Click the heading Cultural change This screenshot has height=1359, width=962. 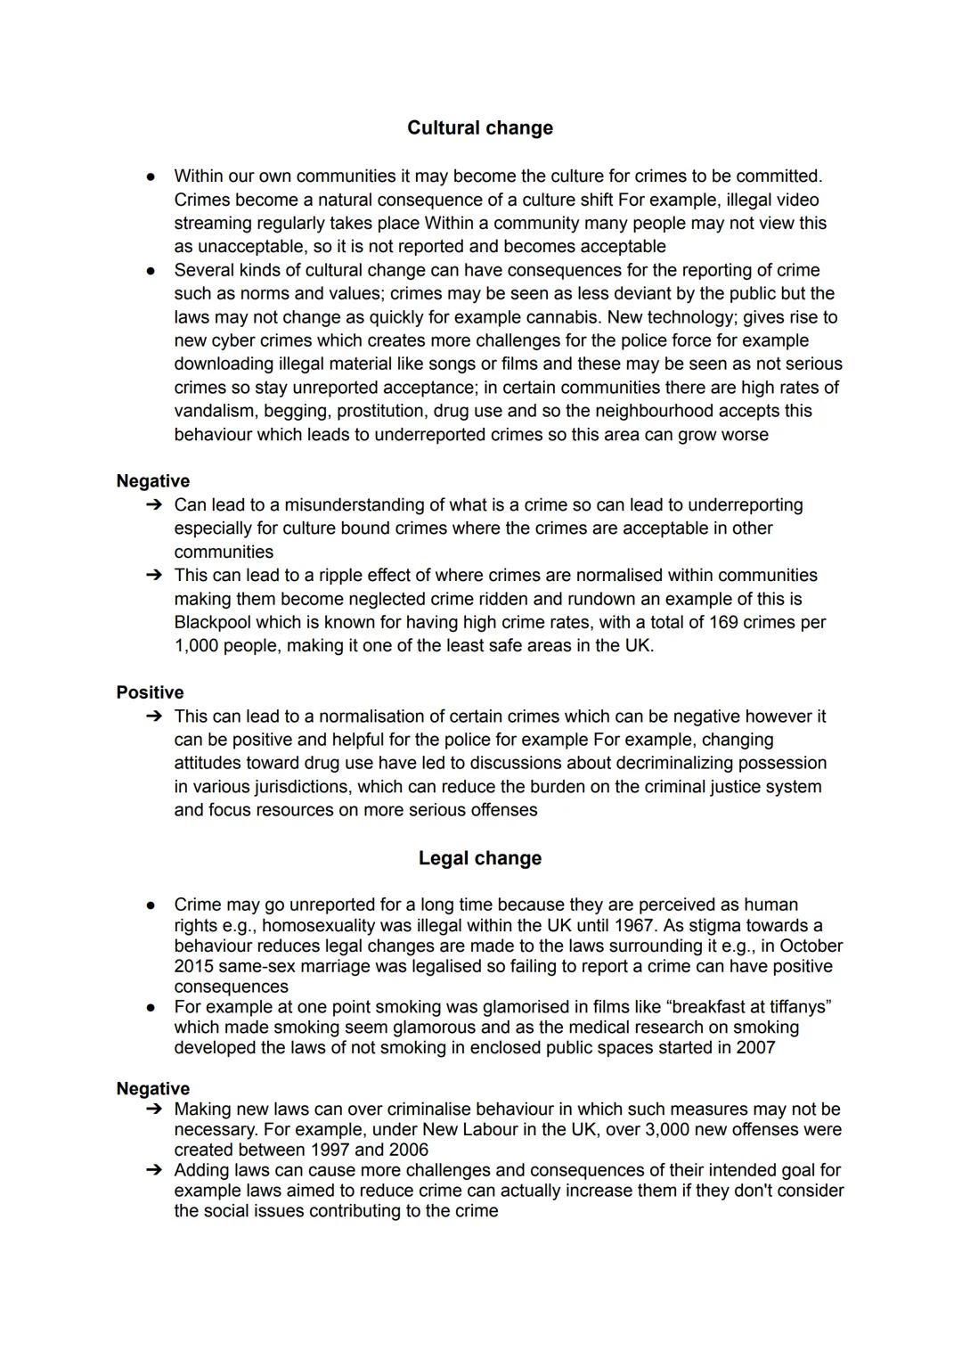[479, 128]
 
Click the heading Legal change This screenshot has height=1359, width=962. [479, 858]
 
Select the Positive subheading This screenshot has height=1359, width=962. [150, 692]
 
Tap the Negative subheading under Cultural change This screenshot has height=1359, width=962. [152, 481]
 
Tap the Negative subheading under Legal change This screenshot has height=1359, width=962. [152, 1089]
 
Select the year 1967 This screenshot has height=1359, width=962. [633, 925]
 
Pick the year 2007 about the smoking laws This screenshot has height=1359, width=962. [755, 1048]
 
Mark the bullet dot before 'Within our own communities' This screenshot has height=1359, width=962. [151, 176]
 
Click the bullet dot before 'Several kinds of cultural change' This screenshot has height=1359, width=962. [151, 270]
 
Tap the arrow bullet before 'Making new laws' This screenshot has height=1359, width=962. [153, 1109]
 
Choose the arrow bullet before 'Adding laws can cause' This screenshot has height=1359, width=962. [153, 1170]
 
